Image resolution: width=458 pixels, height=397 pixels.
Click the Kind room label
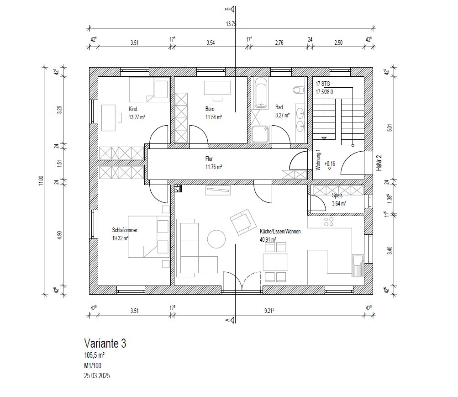click(133, 109)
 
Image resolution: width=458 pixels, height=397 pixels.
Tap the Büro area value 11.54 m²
click(214, 117)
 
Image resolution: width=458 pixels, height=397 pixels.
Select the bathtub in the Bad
click(261, 93)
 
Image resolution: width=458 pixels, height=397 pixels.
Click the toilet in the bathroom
click(298, 90)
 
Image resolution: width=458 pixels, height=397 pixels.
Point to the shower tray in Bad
click(260, 134)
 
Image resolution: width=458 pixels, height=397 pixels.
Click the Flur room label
click(209, 159)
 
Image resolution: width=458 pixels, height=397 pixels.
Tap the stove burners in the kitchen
click(329, 222)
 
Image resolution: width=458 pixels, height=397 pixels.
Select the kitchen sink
click(358, 265)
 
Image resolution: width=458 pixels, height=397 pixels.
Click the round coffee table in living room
click(216, 239)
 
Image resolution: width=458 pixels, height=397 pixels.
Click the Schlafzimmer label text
click(125, 230)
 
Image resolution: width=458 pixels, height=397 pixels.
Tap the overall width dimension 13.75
click(231, 24)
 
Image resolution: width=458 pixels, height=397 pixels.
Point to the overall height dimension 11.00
click(41, 180)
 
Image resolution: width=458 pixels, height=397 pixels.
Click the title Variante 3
click(105, 343)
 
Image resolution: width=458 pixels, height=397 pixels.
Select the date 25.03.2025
click(97, 376)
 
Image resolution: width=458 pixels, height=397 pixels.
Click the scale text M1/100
click(93, 365)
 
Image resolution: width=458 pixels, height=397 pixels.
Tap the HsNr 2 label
click(379, 163)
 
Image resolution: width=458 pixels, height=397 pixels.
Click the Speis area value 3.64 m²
click(339, 203)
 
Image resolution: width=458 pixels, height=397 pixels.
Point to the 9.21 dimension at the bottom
click(269, 311)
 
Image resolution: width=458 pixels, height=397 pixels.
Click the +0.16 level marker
click(330, 164)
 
